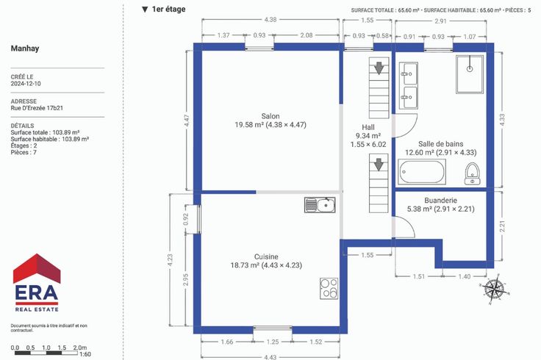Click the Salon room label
click(270, 116)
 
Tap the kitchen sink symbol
click(320, 205)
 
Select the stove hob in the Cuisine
click(329, 288)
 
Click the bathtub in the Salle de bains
click(422, 172)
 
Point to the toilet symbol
click(472, 174)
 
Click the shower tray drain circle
click(470, 69)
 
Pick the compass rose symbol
click(495, 289)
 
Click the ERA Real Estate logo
click(37, 283)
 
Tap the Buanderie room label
click(440, 201)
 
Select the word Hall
click(368, 127)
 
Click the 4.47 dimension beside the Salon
click(187, 120)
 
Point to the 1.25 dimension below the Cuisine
click(273, 342)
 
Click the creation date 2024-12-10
click(26, 84)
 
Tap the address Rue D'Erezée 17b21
click(37, 108)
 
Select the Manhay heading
click(25, 48)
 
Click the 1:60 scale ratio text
click(85, 354)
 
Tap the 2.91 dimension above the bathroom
click(440, 21)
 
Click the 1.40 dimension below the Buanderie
click(465, 276)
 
